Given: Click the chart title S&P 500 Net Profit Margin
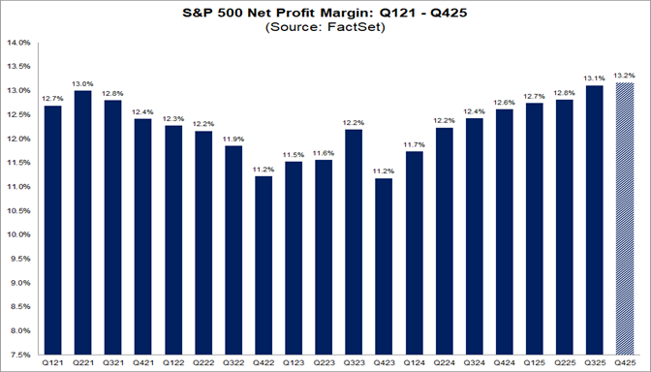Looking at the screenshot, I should point(325,15).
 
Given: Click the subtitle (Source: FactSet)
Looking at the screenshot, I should point(325,29).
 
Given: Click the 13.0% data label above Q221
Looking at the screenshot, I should point(83,83).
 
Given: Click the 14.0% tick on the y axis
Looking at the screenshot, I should point(19,43).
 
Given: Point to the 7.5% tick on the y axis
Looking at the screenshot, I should point(21,355).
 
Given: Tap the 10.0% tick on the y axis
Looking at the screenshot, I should point(19,234).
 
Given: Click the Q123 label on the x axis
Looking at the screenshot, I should point(295,363).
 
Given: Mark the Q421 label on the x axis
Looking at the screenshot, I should point(144,363).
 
